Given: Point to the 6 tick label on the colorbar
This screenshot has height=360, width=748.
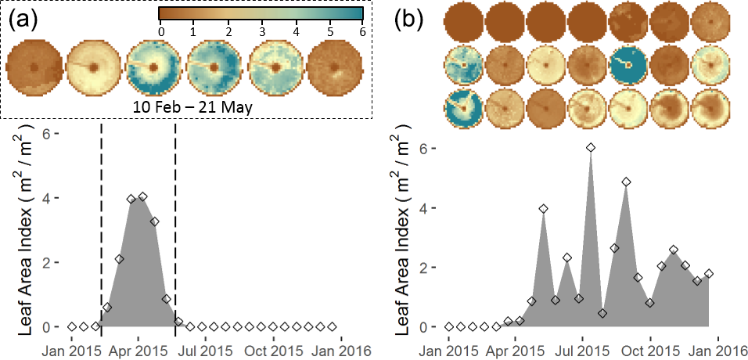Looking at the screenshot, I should pyautogui.click(x=361, y=31).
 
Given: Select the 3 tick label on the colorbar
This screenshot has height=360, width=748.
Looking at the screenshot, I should pyautogui.click(x=261, y=31).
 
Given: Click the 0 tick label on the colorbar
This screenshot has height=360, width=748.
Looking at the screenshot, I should pyautogui.click(x=160, y=31).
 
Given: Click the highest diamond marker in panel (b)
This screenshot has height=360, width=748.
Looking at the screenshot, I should pyautogui.click(x=591, y=147).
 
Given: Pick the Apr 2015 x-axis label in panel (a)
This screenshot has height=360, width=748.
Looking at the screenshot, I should pyautogui.click(x=138, y=347).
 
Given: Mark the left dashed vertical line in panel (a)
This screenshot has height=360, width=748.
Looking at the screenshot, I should pyautogui.click(x=102, y=219).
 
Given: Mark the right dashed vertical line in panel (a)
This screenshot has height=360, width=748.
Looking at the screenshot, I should pyautogui.click(x=174, y=219).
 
